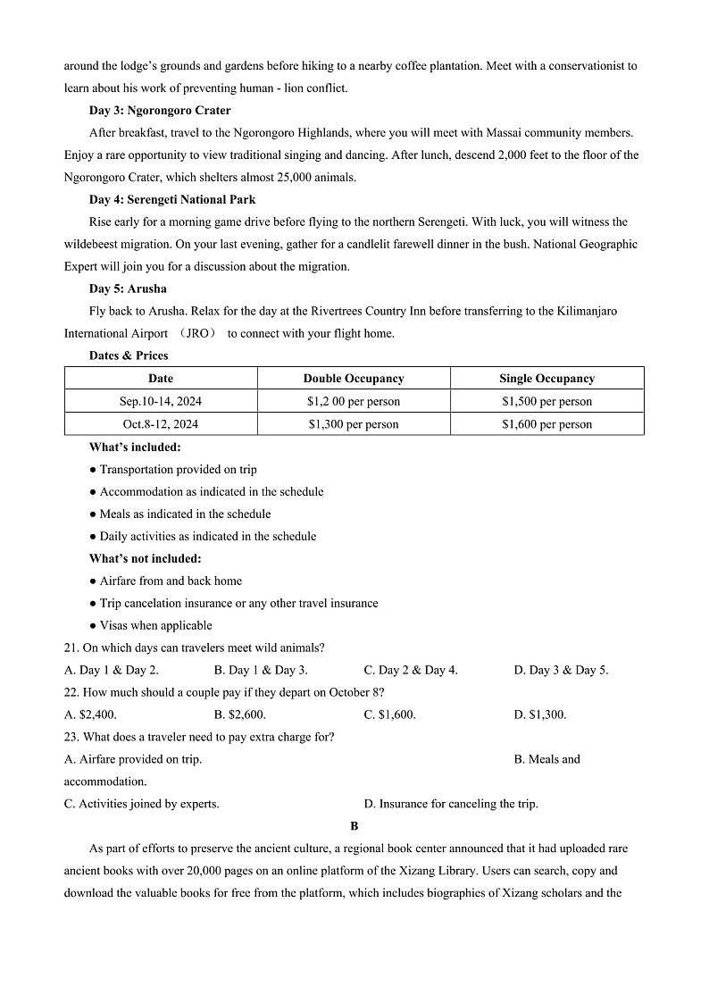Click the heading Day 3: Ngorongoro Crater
[x=160, y=111]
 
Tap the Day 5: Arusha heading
[x=128, y=288]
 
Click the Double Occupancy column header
[x=354, y=379]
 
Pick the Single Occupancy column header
[x=546, y=379]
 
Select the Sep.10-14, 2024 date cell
[x=161, y=401]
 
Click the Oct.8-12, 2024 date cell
[x=161, y=424]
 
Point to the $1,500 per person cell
[x=546, y=401]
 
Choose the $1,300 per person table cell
[x=354, y=424]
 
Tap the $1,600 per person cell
[x=546, y=424]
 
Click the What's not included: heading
[x=145, y=558]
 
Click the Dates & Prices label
[x=129, y=355]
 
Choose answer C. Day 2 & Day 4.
[x=411, y=670]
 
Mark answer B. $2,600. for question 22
[x=240, y=715]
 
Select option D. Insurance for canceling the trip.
[x=451, y=804]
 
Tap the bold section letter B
[x=354, y=826]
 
